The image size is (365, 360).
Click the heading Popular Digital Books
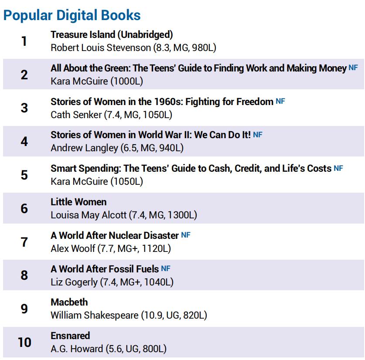click(72, 15)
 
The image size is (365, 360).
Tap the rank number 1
click(24, 41)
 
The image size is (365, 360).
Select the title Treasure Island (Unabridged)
click(112, 34)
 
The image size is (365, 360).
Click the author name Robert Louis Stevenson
click(101, 48)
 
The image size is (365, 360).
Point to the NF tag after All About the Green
click(353, 68)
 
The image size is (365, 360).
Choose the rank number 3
click(24, 108)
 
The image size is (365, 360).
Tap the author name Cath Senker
click(75, 115)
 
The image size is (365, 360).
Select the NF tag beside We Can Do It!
click(258, 135)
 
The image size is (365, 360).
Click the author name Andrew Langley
click(84, 148)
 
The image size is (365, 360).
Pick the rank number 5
click(24, 175)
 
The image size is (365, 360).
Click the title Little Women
click(78, 202)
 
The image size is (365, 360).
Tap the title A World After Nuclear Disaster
click(115, 235)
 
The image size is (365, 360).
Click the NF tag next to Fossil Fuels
click(166, 268)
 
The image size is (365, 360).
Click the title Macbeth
click(69, 302)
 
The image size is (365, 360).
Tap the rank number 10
click(24, 342)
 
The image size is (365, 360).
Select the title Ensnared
click(70, 336)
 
